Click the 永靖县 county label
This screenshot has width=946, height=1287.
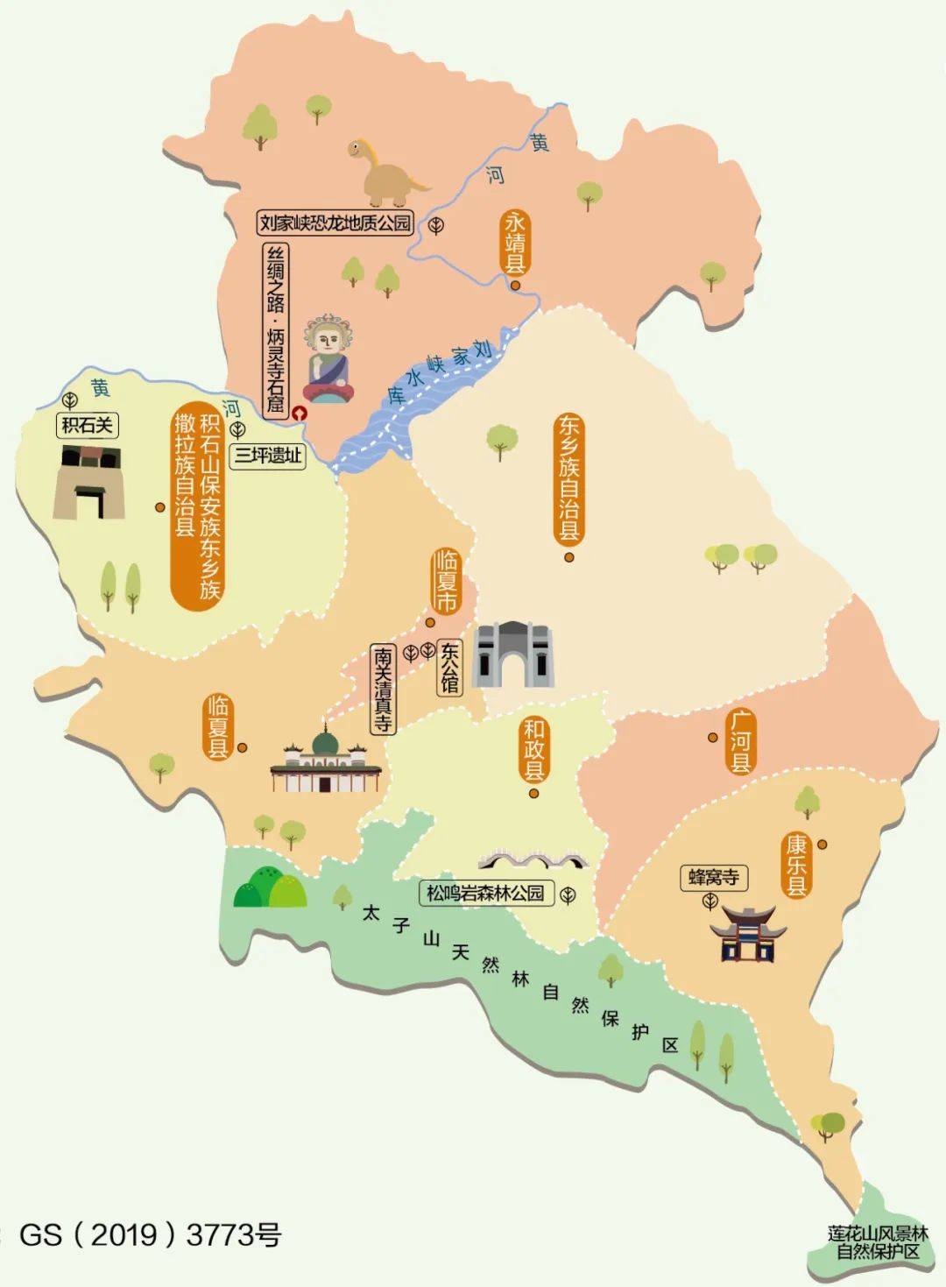click(514, 242)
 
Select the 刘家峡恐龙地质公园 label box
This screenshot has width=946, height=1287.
click(335, 223)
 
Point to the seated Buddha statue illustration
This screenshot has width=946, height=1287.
click(328, 358)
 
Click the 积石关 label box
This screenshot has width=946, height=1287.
click(87, 426)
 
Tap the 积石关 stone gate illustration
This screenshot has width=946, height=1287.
click(88, 482)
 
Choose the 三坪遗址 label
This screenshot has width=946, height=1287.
click(267, 456)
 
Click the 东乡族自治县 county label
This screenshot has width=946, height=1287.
click(569, 479)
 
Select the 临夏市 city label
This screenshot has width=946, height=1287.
click(446, 581)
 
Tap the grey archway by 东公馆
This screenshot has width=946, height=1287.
click(513, 654)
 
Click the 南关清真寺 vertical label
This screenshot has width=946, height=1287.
click(384, 689)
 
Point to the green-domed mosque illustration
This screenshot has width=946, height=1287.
click(325, 760)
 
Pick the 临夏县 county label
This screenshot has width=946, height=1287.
click(217, 726)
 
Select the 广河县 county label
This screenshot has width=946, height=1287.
click(740, 741)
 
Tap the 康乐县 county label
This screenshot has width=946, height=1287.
click(796, 865)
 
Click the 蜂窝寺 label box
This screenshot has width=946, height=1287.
click(713, 877)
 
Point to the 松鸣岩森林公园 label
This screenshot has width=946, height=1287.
click(486, 894)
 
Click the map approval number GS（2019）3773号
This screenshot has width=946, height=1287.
click(150, 1235)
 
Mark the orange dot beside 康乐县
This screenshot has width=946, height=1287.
click(822, 845)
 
